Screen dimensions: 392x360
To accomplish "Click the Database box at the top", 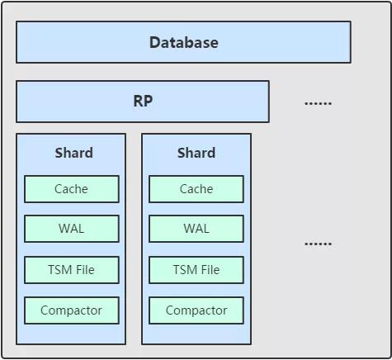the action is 183,42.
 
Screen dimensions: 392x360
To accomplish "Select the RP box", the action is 143,102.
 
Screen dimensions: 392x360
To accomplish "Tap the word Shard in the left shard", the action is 73,153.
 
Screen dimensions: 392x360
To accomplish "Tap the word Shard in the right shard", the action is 196,153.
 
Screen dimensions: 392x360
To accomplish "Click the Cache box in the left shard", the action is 72,189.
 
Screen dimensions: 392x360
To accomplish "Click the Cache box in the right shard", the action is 196,189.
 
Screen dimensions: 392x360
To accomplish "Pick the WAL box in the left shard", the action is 72,229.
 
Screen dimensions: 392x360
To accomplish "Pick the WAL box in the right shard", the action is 196,229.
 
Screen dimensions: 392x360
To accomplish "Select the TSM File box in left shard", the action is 72,270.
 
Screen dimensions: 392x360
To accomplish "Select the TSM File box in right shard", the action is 196,270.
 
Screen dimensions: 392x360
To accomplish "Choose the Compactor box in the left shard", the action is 72,310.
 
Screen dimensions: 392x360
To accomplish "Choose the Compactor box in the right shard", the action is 196,310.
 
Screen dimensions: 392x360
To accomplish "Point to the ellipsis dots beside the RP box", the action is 318,103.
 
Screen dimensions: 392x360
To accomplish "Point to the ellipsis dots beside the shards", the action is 318,244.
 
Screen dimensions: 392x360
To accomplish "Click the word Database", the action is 184,43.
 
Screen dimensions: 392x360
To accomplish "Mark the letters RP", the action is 143,101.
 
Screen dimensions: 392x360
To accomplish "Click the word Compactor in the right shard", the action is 196,310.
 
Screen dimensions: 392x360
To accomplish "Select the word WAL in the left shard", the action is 71,229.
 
